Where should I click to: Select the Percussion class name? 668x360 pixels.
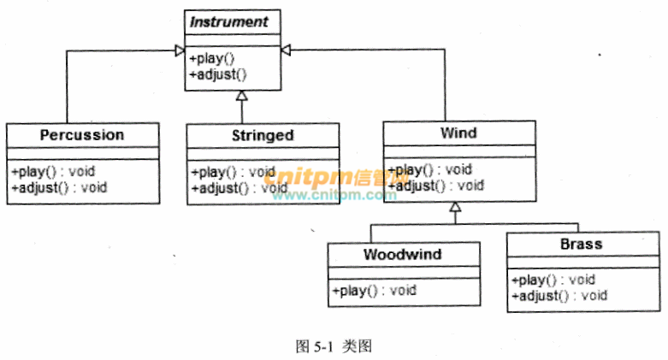[82, 135]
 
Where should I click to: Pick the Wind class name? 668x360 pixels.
[458, 133]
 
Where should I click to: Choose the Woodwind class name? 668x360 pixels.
[402, 255]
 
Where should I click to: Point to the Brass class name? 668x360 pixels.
[582, 244]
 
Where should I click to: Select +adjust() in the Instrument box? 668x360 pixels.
[217, 74]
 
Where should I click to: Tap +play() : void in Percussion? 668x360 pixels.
[53, 171]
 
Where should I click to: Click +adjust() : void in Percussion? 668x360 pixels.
[59, 187]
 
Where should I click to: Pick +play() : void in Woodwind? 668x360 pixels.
[374, 291]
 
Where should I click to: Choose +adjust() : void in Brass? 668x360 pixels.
[559, 295]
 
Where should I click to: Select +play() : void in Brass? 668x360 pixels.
[553, 279]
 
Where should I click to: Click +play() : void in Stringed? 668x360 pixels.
[234, 172]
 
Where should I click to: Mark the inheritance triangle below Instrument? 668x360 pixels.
[242, 95]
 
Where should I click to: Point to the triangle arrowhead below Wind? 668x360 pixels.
[456, 207]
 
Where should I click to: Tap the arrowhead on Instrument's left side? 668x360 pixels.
[179, 50]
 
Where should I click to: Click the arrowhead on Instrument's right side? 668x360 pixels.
[287, 50]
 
